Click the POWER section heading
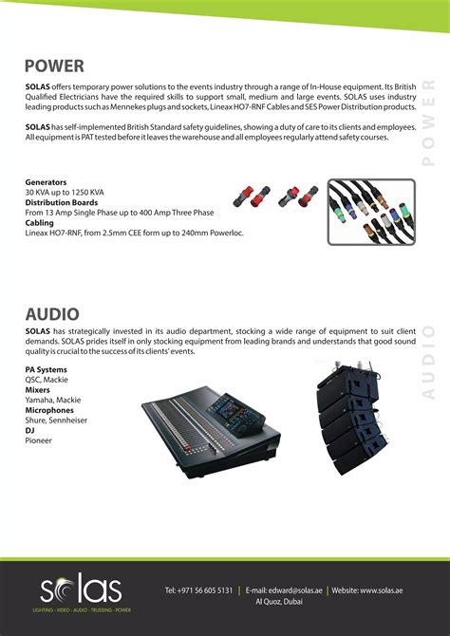[54, 65]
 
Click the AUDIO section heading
[52, 312]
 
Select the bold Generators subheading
[46, 181]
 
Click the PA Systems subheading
[46, 368]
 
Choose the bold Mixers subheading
[38, 389]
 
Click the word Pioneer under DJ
[39, 440]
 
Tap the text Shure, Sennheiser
[59, 420]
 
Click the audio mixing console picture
[212, 425]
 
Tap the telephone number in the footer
[198, 589]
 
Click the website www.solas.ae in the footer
[375, 589]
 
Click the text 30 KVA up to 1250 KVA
[64, 191]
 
